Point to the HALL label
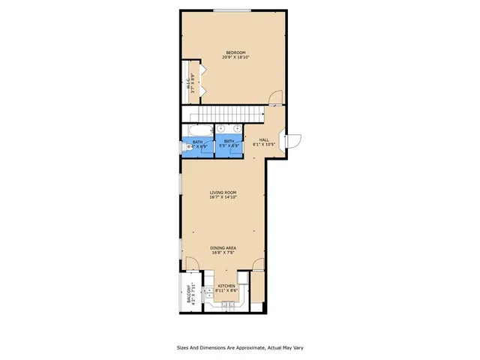point(263,139)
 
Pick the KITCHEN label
point(226,286)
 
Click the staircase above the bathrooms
point(225,114)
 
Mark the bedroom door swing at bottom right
point(276,97)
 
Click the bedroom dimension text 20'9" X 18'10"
point(235,58)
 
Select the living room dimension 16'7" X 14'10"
point(223,198)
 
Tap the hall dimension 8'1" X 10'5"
point(263,145)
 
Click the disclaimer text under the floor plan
point(239,348)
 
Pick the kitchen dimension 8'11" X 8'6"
point(226,290)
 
